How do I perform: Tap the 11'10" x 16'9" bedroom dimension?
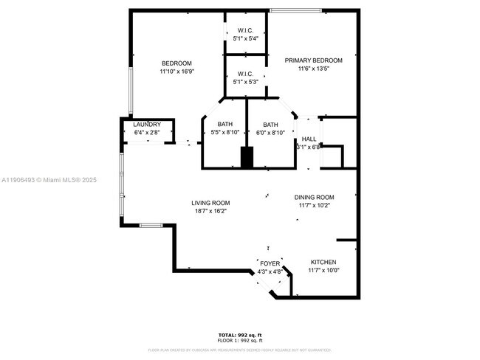(176, 72)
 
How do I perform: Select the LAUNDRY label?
(147, 125)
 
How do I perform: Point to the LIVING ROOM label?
(210, 203)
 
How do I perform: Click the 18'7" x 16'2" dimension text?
(210, 212)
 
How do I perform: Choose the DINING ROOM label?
(315, 198)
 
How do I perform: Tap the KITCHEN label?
(323, 263)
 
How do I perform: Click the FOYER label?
(270, 263)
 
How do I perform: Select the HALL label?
(309, 139)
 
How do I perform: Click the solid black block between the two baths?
(247, 157)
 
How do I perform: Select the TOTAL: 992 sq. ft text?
(239, 336)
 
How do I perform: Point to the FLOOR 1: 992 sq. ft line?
(239, 341)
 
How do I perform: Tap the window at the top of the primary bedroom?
(295, 10)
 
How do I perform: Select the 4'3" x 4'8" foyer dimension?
(270, 271)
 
